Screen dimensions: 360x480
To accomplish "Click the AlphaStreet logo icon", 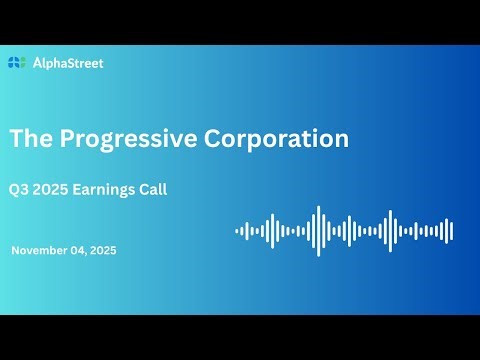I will coord(15,63).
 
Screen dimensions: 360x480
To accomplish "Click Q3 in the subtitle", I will coord(20,190).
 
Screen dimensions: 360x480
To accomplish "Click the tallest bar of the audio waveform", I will coord(318,231).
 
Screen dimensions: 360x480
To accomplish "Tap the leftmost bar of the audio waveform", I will coord(237,231).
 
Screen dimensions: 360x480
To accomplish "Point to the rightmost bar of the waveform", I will coord(452,231).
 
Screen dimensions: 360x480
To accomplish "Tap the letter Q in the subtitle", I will coord(15,190).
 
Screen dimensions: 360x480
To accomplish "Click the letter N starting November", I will coord(15,250).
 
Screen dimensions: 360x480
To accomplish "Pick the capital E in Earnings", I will coord(83,190).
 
